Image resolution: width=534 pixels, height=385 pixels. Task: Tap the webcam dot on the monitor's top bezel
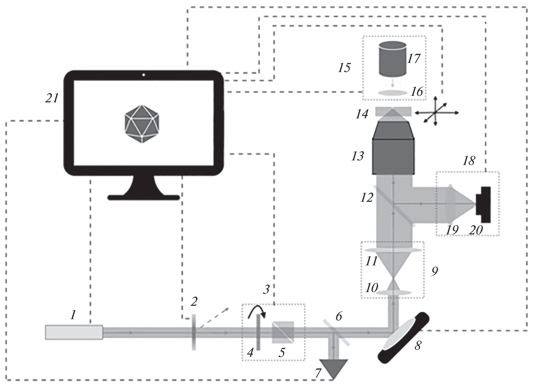144,76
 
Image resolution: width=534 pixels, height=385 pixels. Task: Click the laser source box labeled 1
74,333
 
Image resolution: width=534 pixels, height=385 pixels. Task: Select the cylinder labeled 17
392,59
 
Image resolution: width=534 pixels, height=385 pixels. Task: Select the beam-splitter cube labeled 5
283,332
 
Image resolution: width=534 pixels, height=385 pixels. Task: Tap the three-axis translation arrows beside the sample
436,112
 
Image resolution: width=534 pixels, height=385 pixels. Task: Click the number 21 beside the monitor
52,98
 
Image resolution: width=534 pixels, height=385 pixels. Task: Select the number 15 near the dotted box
344,68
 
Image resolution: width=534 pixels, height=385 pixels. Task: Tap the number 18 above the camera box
469,160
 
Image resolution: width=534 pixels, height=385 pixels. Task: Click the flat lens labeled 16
393,93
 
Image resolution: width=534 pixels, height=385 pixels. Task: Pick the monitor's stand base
144,197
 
